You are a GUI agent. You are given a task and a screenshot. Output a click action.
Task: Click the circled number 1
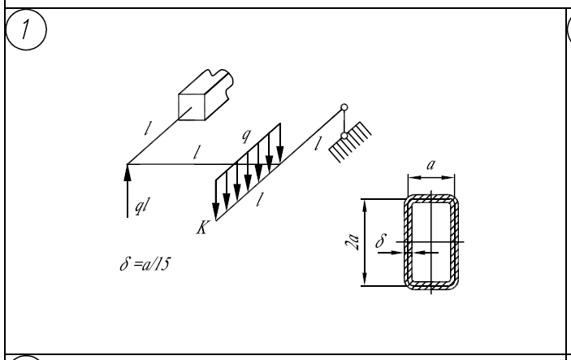pyautogui.click(x=26, y=29)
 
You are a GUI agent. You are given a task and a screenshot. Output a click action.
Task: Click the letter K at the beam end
pyautogui.click(x=202, y=228)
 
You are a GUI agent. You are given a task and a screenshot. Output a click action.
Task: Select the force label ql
pyautogui.click(x=142, y=206)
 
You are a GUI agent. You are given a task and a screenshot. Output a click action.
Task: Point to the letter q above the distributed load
pyautogui.click(x=247, y=135)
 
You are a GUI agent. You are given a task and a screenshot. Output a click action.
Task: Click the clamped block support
pyautogui.click(x=205, y=95)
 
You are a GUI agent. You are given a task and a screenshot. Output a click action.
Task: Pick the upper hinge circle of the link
pyautogui.click(x=344, y=107)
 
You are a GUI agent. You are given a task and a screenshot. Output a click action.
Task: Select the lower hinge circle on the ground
pyautogui.click(x=344, y=136)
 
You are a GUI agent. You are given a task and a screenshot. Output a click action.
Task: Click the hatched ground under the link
pyautogui.click(x=350, y=142)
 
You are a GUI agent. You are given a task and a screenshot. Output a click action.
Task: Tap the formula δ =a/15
pyautogui.click(x=145, y=264)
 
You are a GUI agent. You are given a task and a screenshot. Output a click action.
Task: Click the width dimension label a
pyautogui.click(x=430, y=165)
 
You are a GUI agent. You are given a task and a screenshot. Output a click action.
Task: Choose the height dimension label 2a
pyautogui.click(x=353, y=242)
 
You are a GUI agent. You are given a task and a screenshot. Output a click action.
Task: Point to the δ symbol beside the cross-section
pyautogui.click(x=381, y=241)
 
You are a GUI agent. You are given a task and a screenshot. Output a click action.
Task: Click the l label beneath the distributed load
pyautogui.click(x=259, y=199)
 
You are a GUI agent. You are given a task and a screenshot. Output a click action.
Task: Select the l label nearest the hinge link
pyautogui.click(x=318, y=144)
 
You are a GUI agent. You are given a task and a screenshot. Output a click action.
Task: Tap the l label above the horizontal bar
pyautogui.click(x=197, y=152)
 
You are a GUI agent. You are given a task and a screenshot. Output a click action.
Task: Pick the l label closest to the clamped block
pyautogui.click(x=148, y=128)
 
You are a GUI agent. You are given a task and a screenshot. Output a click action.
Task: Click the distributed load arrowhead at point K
pyautogui.click(x=215, y=212)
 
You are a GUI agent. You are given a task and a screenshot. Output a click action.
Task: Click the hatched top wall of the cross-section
pyautogui.click(x=431, y=198)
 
